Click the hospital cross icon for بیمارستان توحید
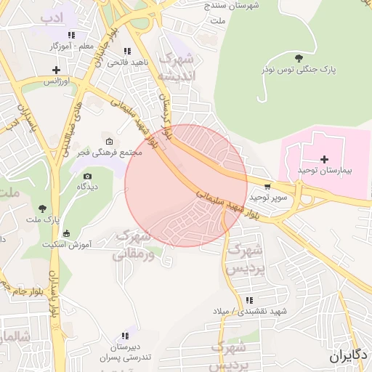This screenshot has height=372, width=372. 324,159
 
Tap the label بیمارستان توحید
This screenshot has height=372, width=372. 324,170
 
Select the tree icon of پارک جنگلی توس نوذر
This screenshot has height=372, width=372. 299,57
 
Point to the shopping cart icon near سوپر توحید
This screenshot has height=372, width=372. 268,186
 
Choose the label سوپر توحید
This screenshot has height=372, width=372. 269,197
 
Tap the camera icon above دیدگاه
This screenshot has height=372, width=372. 88,176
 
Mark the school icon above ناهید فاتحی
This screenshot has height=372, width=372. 128,52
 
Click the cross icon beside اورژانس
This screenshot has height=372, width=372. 56,70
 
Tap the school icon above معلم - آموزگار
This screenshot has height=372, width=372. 70,35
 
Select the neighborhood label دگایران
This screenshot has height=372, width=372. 349,356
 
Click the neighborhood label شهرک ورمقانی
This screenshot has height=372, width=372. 134,245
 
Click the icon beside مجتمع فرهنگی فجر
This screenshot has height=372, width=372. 110,141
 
